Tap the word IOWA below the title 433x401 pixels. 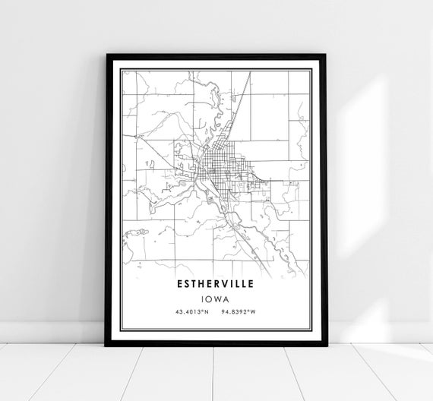[x=216, y=299]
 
